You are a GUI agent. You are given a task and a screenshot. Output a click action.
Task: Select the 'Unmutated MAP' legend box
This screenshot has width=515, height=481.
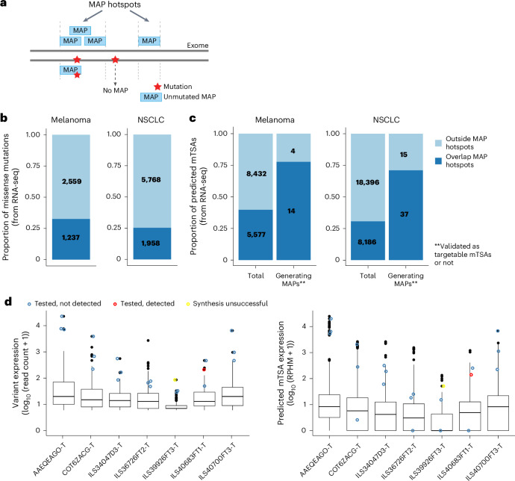(152, 97)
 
